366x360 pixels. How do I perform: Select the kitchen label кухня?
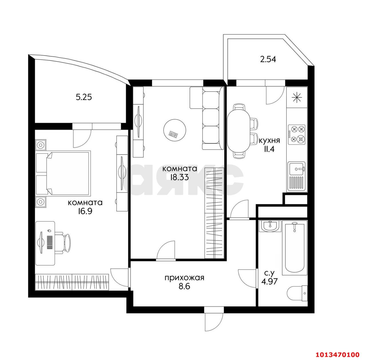[269, 140]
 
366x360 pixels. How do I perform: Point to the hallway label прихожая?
[184, 277]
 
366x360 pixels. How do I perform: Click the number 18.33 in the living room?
[179, 177]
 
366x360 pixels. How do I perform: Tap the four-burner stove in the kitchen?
[297, 134]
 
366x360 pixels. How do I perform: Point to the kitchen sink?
[297, 169]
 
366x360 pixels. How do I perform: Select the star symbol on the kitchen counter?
[297, 98]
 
